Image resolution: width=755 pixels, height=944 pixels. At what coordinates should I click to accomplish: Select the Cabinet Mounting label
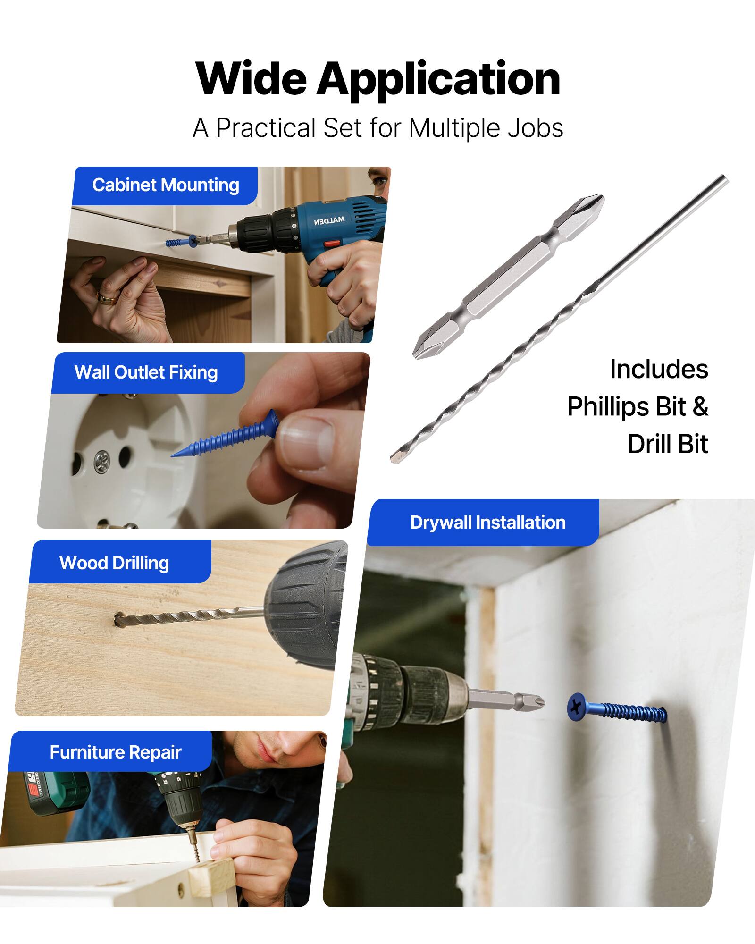coord(165,185)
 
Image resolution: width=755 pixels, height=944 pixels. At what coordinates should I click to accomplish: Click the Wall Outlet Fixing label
coord(146,372)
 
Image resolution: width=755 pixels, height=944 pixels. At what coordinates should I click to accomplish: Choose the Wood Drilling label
coord(114,563)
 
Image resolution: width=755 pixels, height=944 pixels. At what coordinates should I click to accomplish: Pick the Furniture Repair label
coord(115,752)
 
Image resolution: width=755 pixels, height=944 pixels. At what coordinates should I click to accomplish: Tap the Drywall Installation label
coord(487,523)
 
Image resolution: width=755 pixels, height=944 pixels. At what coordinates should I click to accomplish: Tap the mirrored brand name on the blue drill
coord(329,220)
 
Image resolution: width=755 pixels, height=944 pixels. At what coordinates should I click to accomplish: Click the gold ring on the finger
coord(107,298)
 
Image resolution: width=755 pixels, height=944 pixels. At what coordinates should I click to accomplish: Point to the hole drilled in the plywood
coord(119,618)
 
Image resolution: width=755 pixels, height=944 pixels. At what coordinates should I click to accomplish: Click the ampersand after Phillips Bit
coord(701,406)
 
